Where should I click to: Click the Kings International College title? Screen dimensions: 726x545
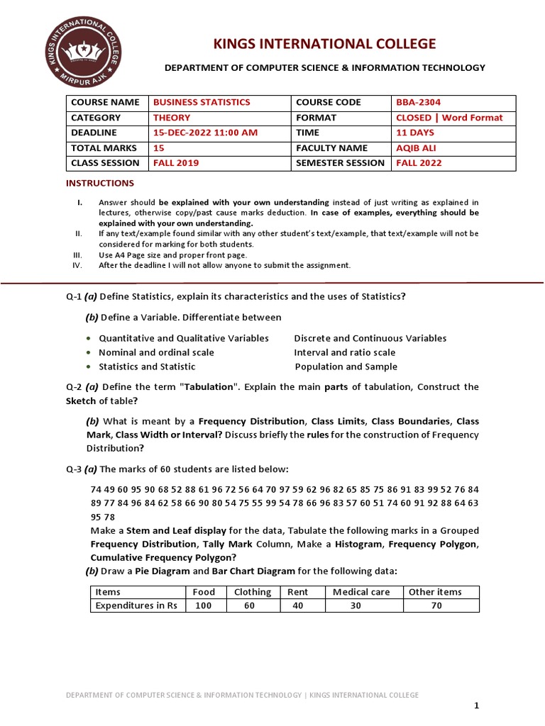click(x=325, y=45)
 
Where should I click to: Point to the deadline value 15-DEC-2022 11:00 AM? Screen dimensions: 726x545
click(x=205, y=133)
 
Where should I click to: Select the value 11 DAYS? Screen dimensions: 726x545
click(x=415, y=133)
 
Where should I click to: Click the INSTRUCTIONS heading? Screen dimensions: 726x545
click(x=100, y=183)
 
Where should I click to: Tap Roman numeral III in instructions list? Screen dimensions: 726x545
click(x=78, y=254)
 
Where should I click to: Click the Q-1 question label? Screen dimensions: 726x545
click(x=73, y=296)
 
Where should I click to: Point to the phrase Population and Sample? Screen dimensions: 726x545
click(x=346, y=367)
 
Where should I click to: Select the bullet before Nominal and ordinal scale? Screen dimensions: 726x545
click(x=88, y=352)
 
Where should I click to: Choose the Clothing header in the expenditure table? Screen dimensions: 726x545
click(x=252, y=592)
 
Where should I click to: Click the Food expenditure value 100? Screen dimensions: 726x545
click(x=204, y=605)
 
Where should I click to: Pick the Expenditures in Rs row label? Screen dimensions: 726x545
click(x=136, y=605)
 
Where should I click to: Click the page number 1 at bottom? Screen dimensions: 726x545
click(x=477, y=705)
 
